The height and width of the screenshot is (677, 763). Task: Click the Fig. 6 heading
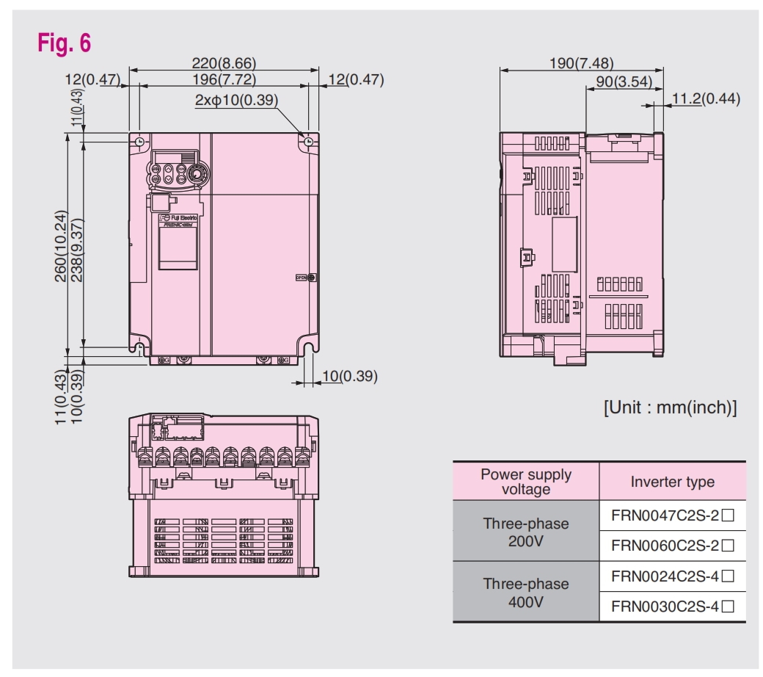65,43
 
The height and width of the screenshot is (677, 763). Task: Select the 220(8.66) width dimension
224,64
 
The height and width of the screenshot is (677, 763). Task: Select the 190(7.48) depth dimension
581,63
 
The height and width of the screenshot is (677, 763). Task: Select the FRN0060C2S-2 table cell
672,546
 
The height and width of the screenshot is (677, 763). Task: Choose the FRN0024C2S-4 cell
672,576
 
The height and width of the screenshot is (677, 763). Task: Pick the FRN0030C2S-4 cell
672,607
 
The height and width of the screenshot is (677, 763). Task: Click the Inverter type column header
672,482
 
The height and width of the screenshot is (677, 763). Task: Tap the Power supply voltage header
525,481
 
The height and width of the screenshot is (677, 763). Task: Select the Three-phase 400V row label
525,593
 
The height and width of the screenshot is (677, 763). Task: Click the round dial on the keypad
197,174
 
